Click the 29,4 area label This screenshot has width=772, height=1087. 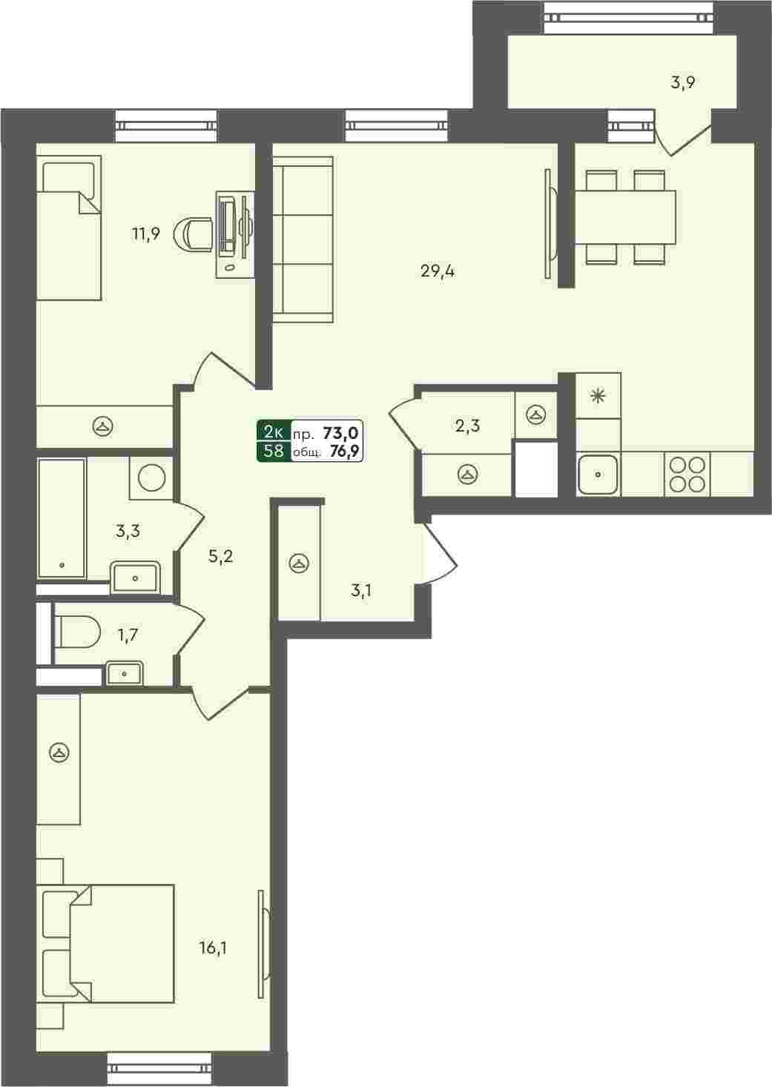click(x=438, y=271)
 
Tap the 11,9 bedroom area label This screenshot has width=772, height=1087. click(x=145, y=234)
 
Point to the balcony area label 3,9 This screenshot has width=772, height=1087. click(x=683, y=82)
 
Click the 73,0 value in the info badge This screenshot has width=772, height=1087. click(x=340, y=432)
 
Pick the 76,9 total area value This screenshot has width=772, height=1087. click(x=344, y=452)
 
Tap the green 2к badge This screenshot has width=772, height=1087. click(x=274, y=431)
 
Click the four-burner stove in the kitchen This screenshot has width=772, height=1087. click(x=687, y=474)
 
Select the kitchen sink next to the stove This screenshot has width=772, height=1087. click(x=598, y=474)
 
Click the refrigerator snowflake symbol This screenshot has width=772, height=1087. click(x=598, y=395)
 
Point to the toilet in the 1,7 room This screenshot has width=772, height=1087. click(x=76, y=632)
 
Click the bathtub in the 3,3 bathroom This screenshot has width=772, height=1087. click(x=62, y=518)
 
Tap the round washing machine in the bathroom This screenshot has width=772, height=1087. click(x=151, y=478)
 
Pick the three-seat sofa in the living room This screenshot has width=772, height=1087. click(x=303, y=239)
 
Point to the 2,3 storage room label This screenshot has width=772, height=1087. click(x=467, y=426)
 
